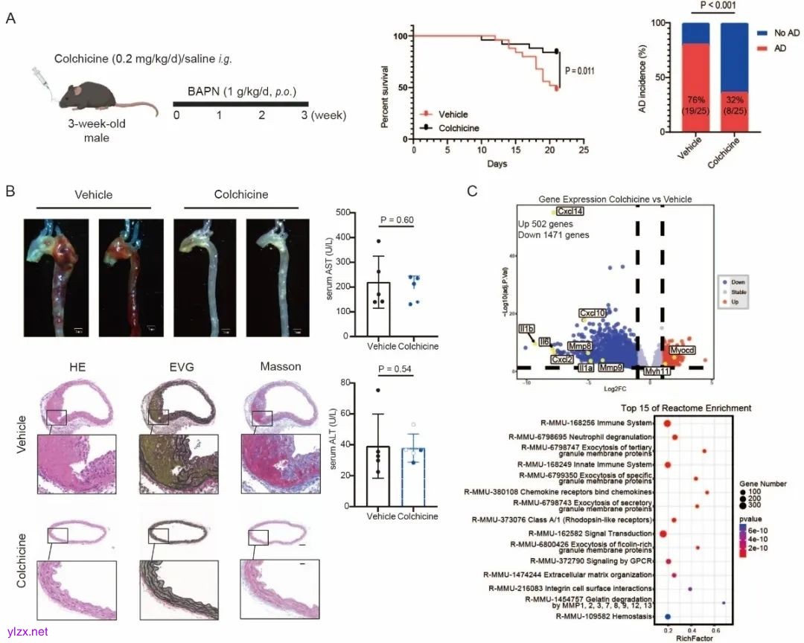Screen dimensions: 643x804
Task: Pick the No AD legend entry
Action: click(x=786, y=34)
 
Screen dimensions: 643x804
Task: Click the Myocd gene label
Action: click(x=682, y=350)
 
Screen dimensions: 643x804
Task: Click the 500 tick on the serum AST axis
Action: click(x=343, y=213)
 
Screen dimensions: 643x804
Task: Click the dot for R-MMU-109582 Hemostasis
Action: click(x=668, y=616)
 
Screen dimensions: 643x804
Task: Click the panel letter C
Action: click(x=472, y=191)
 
